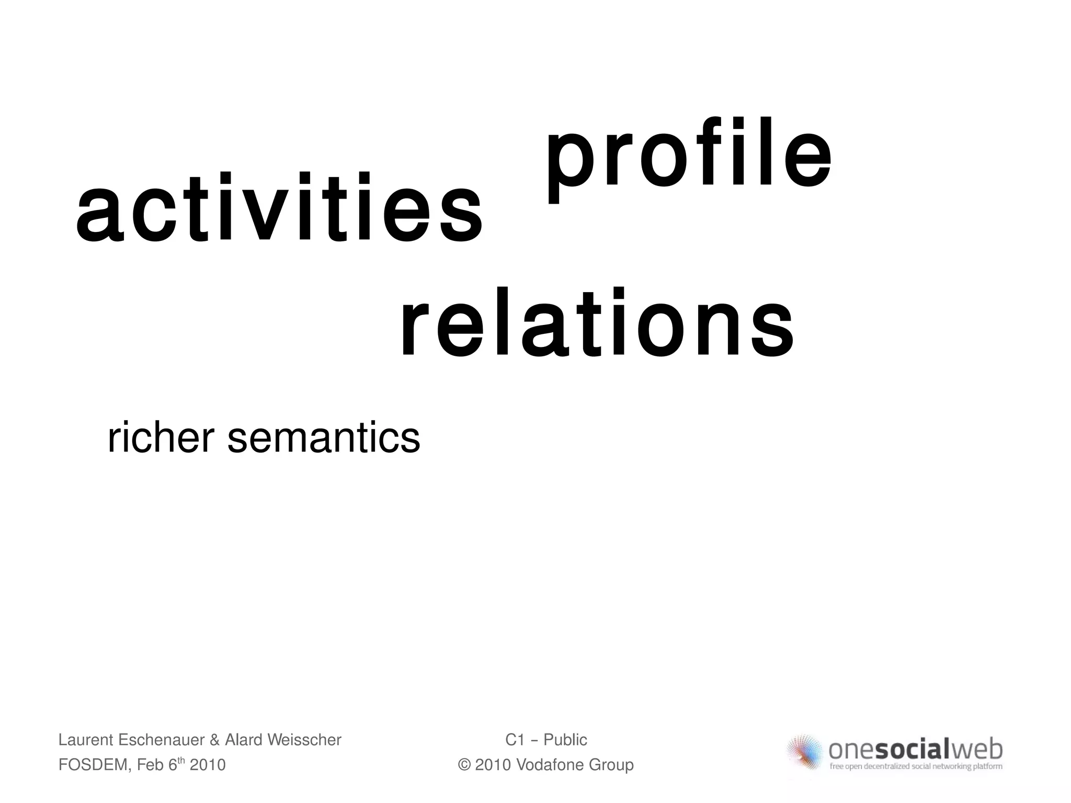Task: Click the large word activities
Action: tap(279, 209)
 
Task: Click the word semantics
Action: tap(324, 439)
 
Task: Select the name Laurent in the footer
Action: tap(86, 740)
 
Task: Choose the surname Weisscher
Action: tap(304, 740)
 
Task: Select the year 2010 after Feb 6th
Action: tap(208, 765)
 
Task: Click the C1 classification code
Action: tap(515, 740)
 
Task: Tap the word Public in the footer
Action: tap(565, 740)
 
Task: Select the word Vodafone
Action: tap(550, 765)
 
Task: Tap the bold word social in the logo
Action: tap(912, 750)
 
